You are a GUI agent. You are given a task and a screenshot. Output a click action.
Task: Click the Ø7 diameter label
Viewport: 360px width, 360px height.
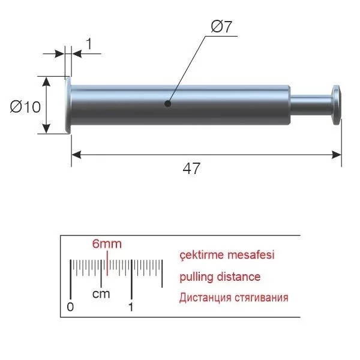pyautogui.click(x=221, y=26)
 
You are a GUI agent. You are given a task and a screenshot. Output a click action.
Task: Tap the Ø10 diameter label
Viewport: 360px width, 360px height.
pyautogui.click(x=25, y=107)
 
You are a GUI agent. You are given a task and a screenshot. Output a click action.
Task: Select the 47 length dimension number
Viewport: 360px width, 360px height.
pyautogui.click(x=191, y=168)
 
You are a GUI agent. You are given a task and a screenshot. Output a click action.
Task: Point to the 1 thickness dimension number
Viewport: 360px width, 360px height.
pyautogui.click(x=89, y=44)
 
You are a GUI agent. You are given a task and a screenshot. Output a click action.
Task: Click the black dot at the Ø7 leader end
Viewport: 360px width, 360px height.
pyautogui.click(x=168, y=104)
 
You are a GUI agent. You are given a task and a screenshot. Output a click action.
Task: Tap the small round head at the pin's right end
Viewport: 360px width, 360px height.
pyautogui.click(x=337, y=105)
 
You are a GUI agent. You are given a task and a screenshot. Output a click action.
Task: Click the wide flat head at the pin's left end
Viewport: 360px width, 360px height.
pyautogui.click(x=68, y=105)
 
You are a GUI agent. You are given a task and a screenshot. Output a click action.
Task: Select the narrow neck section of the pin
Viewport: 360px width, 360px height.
pyautogui.click(x=311, y=104)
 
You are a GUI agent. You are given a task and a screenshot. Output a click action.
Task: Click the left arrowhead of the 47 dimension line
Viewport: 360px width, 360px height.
pyautogui.click(x=76, y=155)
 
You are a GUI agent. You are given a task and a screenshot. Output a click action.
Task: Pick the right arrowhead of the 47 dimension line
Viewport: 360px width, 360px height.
pyautogui.click(x=337, y=155)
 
